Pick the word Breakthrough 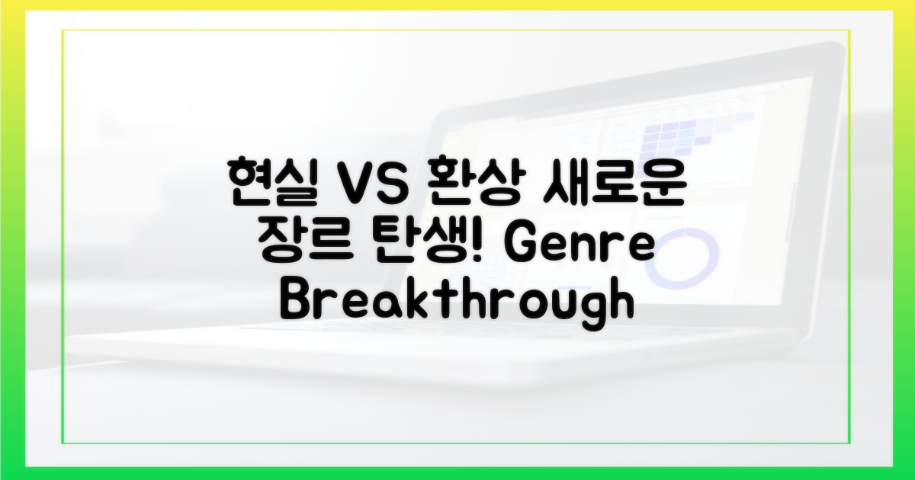(x=457, y=303)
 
